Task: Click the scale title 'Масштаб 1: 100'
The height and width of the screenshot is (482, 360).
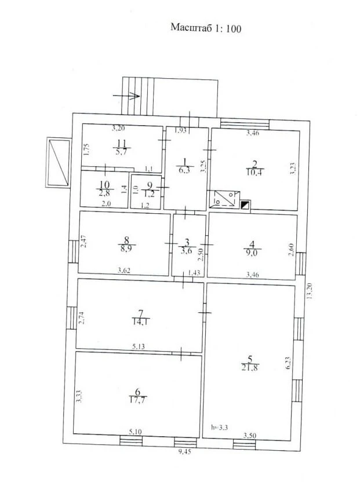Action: click(x=206, y=28)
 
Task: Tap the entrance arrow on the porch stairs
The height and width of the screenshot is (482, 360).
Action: click(x=127, y=96)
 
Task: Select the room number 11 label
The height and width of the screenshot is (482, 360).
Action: click(x=122, y=143)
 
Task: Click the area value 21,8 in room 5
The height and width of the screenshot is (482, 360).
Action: click(x=250, y=367)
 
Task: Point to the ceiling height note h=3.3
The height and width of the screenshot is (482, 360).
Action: click(x=219, y=426)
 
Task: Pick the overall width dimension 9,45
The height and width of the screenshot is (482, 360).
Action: click(x=184, y=451)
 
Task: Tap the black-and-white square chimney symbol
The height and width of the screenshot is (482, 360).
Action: click(x=245, y=205)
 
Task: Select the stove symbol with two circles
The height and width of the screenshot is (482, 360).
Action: click(x=224, y=199)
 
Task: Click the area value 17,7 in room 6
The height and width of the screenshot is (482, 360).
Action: click(x=137, y=400)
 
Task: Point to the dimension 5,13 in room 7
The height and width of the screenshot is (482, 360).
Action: click(x=139, y=346)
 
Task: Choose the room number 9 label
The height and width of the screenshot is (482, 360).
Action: click(x=150, y=185)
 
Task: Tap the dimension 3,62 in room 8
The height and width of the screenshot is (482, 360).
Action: click(x=124, y=271)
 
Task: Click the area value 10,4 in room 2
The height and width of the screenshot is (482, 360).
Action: click(x=254, y=172)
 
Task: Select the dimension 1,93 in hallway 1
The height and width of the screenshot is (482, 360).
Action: click(x=180, y=130)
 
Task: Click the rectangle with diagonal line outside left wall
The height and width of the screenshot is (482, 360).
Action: click(x=59, y=162)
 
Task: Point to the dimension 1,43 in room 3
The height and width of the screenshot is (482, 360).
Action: click(x=194, y=272)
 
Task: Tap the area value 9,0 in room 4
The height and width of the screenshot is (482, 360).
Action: click(x=252, y=253)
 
